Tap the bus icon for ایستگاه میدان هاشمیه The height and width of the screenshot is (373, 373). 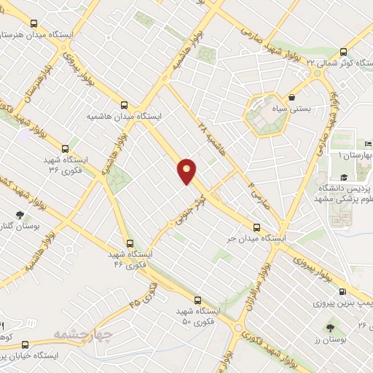125,104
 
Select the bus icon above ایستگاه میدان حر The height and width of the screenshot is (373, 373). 256,226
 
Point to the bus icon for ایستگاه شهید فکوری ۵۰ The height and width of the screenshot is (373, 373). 197,299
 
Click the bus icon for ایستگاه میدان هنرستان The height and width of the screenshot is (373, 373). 34,23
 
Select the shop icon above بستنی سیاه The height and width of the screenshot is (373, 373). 291,96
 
